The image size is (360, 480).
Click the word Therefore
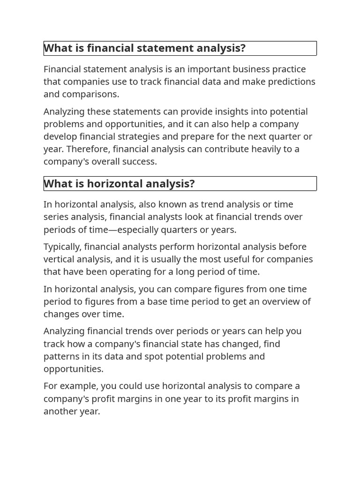pyautogui.click(x=87, y=149)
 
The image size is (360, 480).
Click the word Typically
pyautogui.click(x=62, y=247)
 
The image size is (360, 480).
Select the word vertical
pyautogui.click(x=60, y=259)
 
